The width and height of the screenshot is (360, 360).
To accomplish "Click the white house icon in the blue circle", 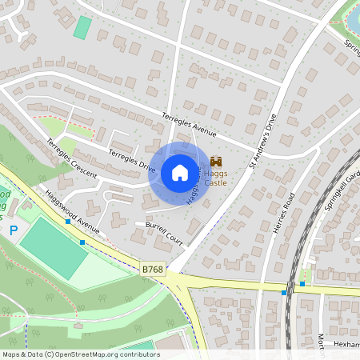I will click(180, 172).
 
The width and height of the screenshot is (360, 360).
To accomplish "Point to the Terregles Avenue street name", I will click(190, 125).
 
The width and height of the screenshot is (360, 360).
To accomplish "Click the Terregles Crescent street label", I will click(71, 158).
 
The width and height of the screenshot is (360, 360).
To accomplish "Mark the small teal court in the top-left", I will click(82, 27).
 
